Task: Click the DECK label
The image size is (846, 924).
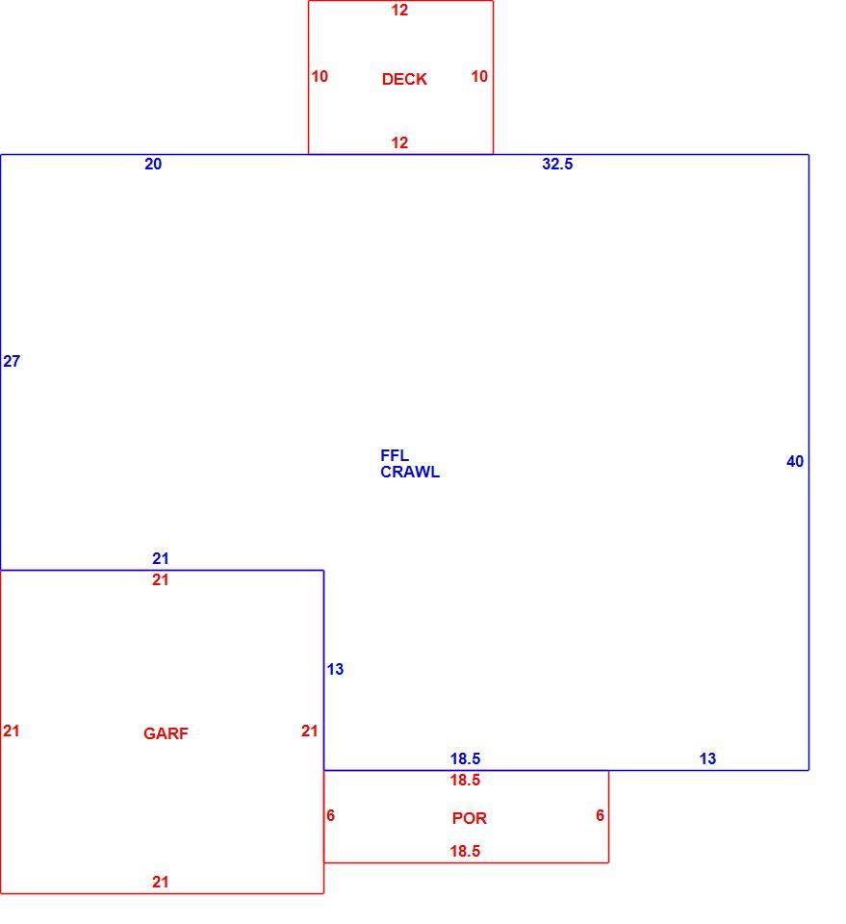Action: [404, 79]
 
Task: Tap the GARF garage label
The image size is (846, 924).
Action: [166, 733]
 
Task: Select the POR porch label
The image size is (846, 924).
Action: [470, 818]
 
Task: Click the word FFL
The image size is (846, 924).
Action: [395, 455]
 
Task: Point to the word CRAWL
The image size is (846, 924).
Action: [410, 472]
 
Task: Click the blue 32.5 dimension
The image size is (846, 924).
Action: [557, 164]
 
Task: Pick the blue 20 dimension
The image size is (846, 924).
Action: [153, 164]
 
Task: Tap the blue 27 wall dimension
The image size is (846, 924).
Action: [12, 361]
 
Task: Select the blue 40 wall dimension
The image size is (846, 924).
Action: [795, 461]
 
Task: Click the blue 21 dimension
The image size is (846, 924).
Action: [160, 558]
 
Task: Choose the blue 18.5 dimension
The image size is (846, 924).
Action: [466, 758]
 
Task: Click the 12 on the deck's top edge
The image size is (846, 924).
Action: [399, 10]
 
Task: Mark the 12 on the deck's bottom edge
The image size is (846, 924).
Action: [399, 142]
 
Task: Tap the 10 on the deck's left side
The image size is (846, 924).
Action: [320, 76]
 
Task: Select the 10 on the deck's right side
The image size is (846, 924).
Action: [479, 76]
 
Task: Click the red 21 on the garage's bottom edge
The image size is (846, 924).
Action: [160, 882]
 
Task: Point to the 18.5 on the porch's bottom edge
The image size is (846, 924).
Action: [466, 851]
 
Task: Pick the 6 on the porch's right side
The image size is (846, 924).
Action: [600, 815]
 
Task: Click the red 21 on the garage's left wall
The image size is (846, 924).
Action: [12, 731]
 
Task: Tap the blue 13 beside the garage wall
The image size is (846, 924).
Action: [335, 669]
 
